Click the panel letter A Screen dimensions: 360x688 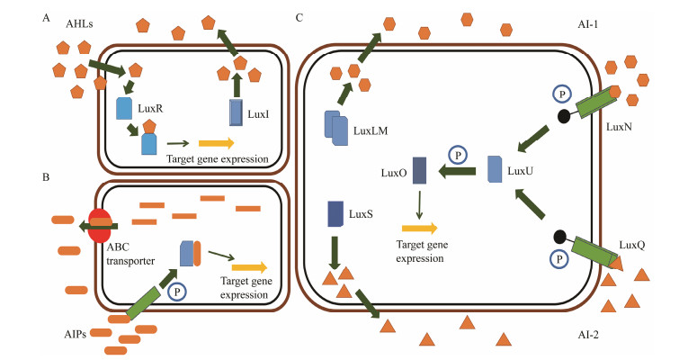(45, 14)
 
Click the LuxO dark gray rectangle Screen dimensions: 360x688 (419, 172)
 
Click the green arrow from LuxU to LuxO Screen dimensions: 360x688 (460, 170)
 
